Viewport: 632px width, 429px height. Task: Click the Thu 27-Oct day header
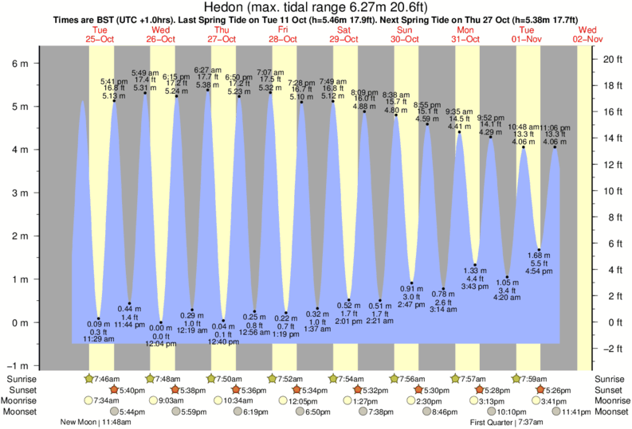(222, 33)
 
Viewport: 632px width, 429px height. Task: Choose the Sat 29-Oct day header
(344, 33)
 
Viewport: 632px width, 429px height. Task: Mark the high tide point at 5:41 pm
(114, 101)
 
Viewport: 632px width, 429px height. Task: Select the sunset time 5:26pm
(563, 389)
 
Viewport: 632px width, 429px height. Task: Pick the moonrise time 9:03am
(167, 400)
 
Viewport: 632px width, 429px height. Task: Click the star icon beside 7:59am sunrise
(516, 378)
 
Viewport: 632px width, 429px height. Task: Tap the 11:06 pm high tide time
(555, 127)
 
